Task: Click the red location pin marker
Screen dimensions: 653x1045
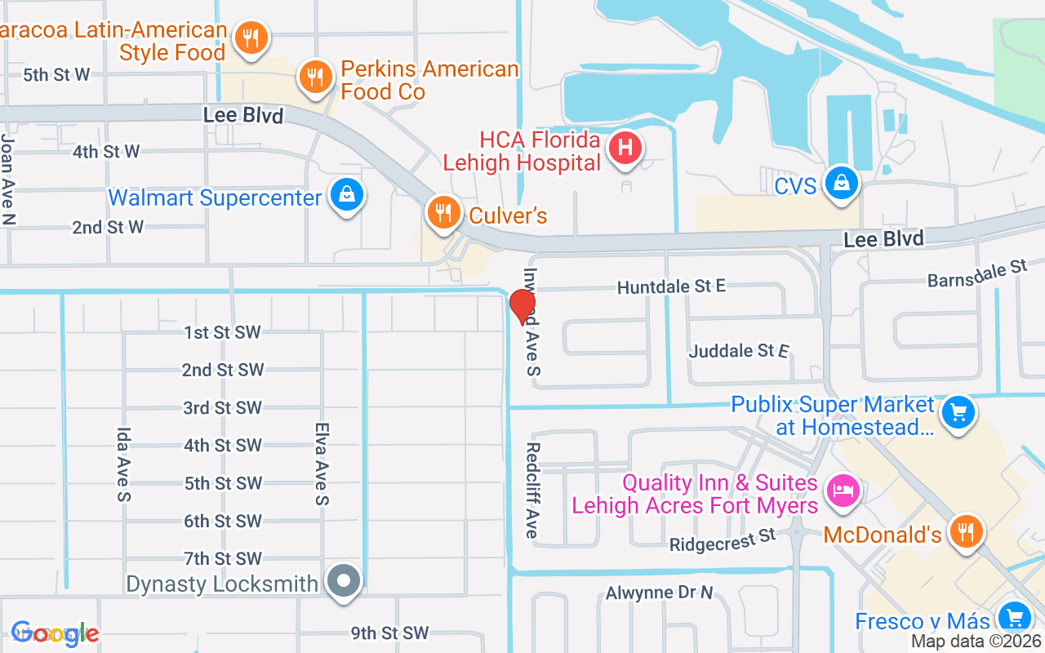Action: [x=522, y=307]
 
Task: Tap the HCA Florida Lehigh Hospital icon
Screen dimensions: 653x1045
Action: [x=625, y=148]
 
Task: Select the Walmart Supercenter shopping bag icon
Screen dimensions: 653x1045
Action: [x=348, y=195]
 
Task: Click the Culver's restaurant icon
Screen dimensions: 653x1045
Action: [x=443, y=213]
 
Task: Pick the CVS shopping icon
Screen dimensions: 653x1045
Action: [x=841, y=183]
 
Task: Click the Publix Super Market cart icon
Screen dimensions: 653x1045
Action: [x=958, y=413]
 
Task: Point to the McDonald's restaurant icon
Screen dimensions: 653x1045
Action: [x=967, y=531]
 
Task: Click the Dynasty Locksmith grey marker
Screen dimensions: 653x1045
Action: [x=345, y=581]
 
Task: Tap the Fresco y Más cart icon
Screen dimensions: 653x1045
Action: [x=1014, y=618]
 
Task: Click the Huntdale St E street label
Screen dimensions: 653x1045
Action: [x=671, y=287]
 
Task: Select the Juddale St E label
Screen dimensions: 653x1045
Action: [x=739, y=351]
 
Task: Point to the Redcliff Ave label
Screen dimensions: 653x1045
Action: [x=532, y=490]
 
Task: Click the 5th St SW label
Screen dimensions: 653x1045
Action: [x=223, y=483]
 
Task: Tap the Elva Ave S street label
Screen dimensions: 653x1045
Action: [x=322, y=463]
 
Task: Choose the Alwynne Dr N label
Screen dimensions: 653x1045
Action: [x=659, y=593]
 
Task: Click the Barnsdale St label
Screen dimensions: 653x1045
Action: [x=976, y=274]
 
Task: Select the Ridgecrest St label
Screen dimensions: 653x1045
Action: [x=722, y=540]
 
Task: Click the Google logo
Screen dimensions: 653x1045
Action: [x=55, y=633]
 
